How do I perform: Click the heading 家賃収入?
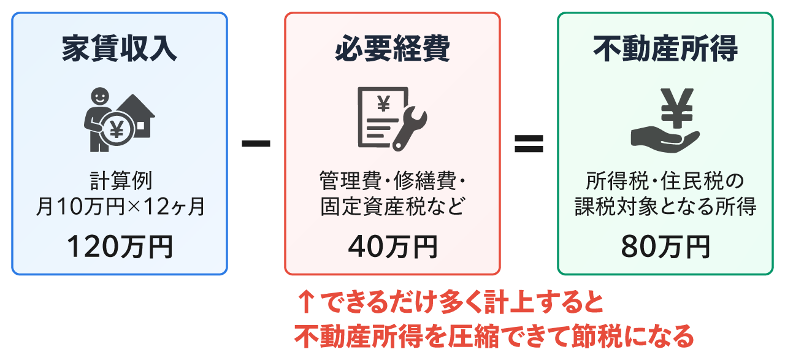(120, 50)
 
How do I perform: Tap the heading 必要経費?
(392, 50)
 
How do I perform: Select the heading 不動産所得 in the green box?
(665, 50)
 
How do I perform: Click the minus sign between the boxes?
(256, 144)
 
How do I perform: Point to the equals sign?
(529, 144)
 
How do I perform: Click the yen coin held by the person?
(116, 129)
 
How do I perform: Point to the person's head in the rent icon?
(99, 96)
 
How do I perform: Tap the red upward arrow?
(305, 302)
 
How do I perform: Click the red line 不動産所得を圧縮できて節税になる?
(494, 335)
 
